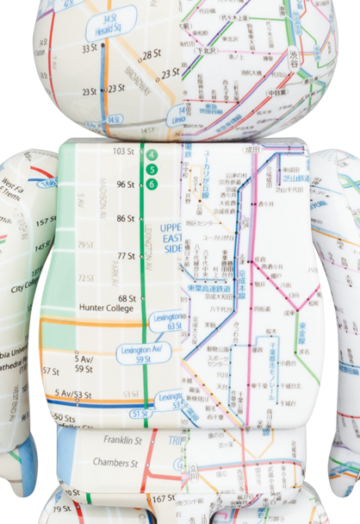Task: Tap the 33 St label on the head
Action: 90,48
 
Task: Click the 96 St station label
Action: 126,184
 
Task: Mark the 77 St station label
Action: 126,256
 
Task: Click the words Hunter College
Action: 102,306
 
